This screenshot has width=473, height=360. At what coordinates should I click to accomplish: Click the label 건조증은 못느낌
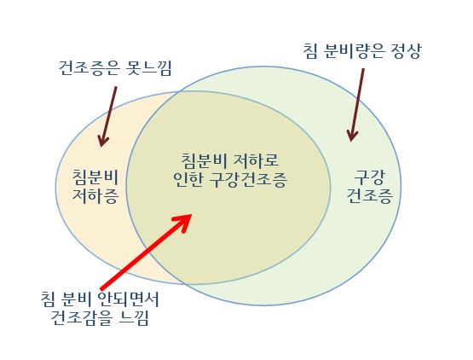coord(116,67)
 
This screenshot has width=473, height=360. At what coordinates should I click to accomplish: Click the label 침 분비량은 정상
coord(362,50)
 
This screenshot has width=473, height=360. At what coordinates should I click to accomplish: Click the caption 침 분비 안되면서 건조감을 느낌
coord(101,309)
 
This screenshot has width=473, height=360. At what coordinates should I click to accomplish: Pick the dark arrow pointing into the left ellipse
coord(109,114)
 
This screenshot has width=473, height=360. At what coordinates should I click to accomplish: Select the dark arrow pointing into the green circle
coord(357,103)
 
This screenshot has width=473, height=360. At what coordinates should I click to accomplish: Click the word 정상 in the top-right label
coord(403,50)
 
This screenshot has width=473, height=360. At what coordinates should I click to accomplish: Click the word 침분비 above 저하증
coord(95,177)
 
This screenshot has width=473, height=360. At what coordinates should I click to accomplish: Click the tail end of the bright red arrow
coord(102,287)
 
